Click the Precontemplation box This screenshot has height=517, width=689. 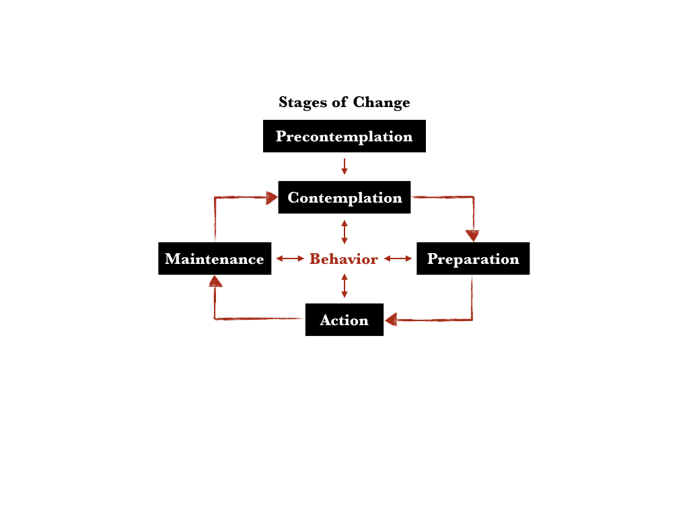click(x=344, y=136)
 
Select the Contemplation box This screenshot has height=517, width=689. click(x=344, y=197)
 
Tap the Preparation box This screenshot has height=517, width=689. click(x=472, y=258)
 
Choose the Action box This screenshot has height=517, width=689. click(x=344, y=320)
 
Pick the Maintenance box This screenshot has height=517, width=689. click(x=215, y=258)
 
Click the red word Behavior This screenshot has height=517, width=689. click(x=343, y=259)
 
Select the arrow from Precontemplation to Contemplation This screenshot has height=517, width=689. click(x=344, y=166)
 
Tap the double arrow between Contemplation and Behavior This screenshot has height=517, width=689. click(x=344, y=232)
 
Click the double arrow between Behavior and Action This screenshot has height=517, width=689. click(x=344, y=285)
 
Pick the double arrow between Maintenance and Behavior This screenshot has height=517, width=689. click(x=290, y=258)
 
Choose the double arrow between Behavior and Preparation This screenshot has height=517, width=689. click(x=398, y=258)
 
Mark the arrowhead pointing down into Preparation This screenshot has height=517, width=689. click(x=472, y=236)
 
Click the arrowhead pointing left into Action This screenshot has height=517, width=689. click(x=391, y=320)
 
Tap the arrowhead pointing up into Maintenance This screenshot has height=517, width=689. click(x=215, y=281)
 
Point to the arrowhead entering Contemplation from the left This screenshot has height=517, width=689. click(x=271, y=197)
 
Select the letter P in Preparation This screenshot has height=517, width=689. click(x=433, y=259)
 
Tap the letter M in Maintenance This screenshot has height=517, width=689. click(x=172, y=259)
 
